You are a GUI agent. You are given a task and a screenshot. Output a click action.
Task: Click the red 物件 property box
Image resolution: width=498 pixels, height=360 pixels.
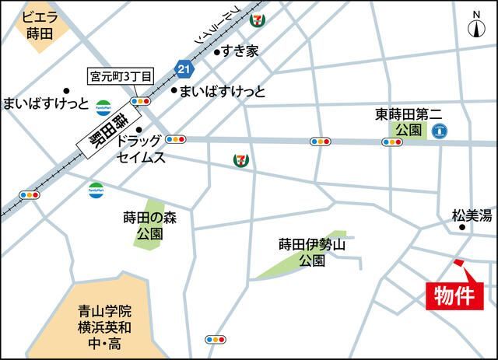[x=455, y=295]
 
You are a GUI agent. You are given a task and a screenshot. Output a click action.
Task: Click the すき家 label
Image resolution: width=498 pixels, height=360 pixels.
[x=240, y=52]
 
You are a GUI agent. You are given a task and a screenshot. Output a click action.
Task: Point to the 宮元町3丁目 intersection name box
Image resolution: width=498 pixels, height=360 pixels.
[x=121, y=76]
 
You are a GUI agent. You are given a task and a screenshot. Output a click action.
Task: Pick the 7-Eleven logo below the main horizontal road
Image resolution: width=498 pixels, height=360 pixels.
[x=241, y=159]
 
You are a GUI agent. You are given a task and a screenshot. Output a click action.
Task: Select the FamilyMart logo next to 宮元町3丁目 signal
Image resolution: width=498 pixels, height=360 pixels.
[x=103, y=107]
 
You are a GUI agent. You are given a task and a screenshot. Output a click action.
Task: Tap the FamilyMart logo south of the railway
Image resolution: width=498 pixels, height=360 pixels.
[x=95, y=187]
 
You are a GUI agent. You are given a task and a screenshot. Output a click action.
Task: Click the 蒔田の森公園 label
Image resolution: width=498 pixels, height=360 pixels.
[x=150, y=225]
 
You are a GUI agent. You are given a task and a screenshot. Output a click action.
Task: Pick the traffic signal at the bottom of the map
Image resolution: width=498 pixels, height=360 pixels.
[x=216, y=340]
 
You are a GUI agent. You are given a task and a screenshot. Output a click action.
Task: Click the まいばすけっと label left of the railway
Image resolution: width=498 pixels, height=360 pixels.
[x=46, y=103]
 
